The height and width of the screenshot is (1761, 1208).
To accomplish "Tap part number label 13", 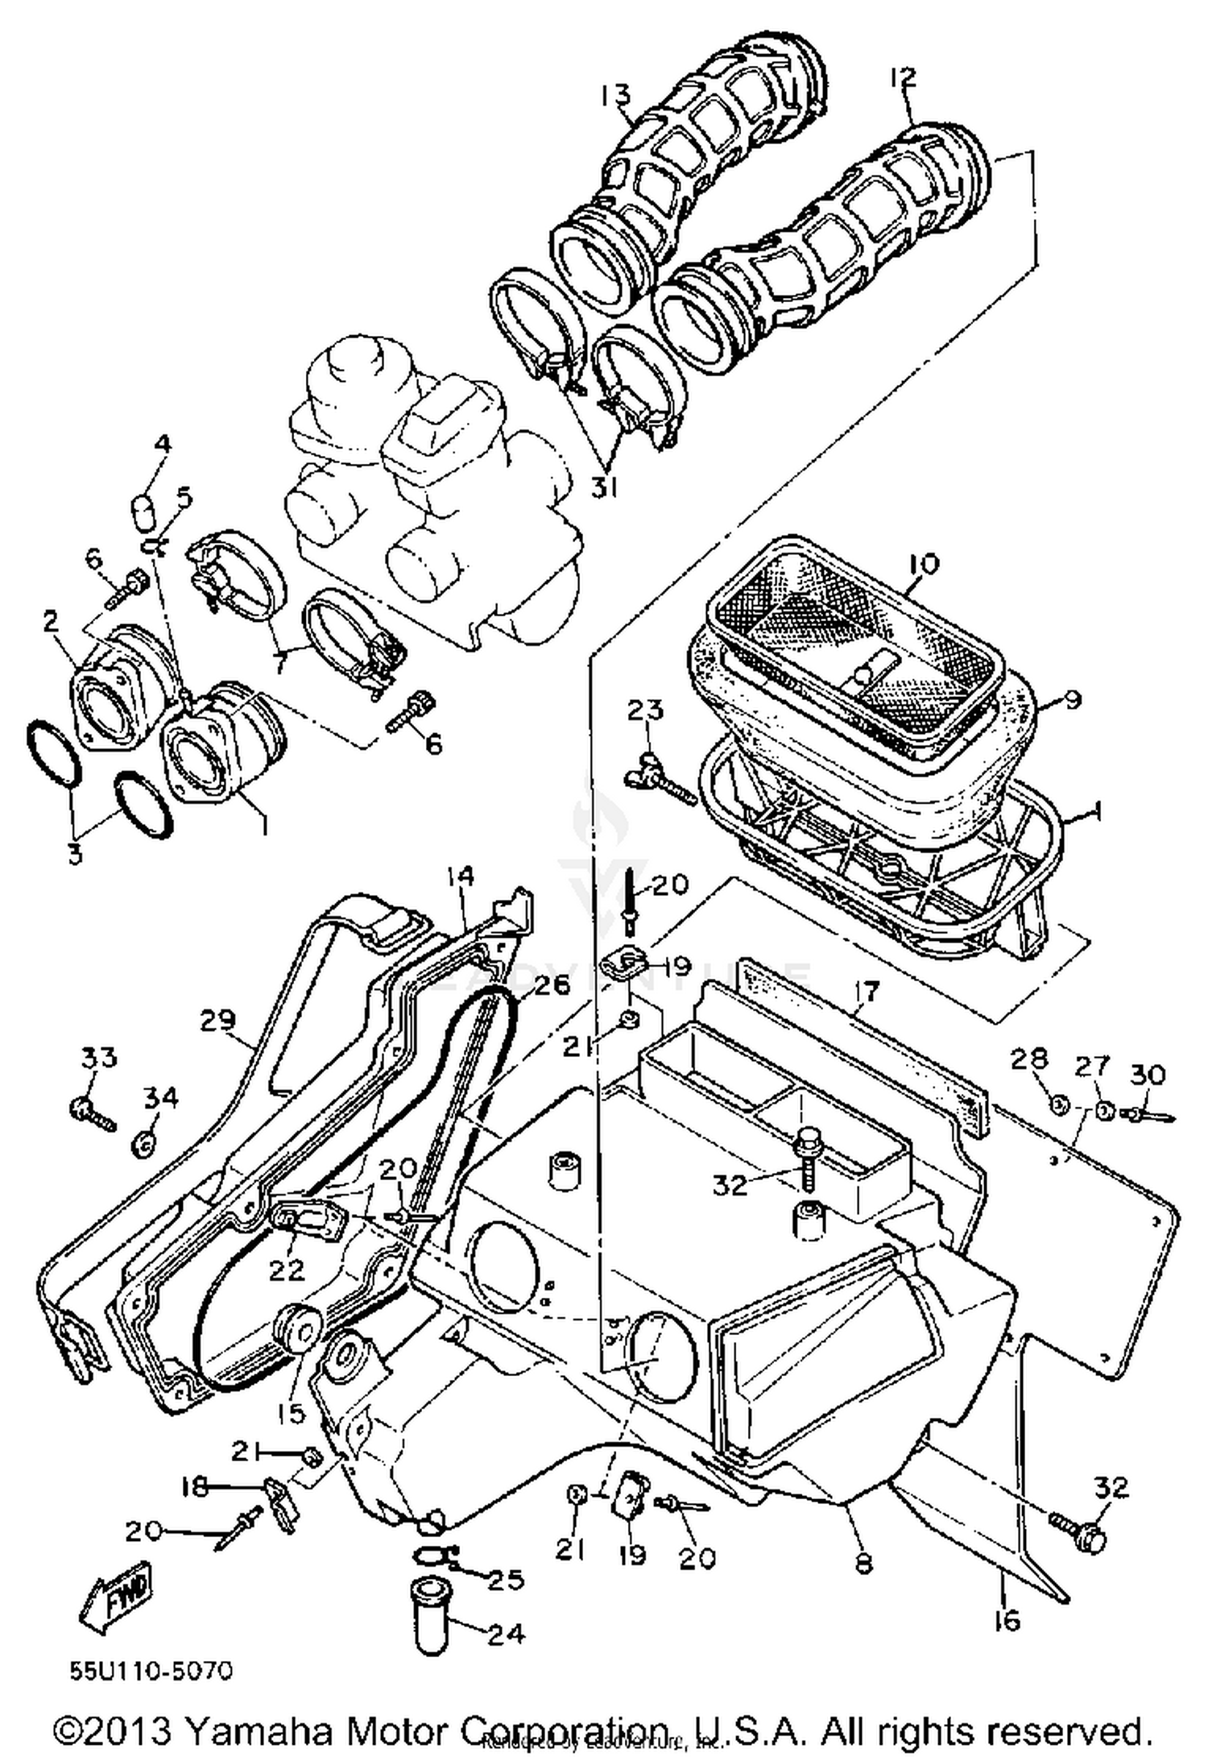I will [616, 96].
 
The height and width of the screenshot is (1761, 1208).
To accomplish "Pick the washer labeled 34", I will [145, 1142].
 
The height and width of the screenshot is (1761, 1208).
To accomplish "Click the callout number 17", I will [866, 990].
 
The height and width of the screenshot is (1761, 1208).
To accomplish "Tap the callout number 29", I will [218, 1021].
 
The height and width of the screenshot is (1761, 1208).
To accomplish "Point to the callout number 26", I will [550, 984].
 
